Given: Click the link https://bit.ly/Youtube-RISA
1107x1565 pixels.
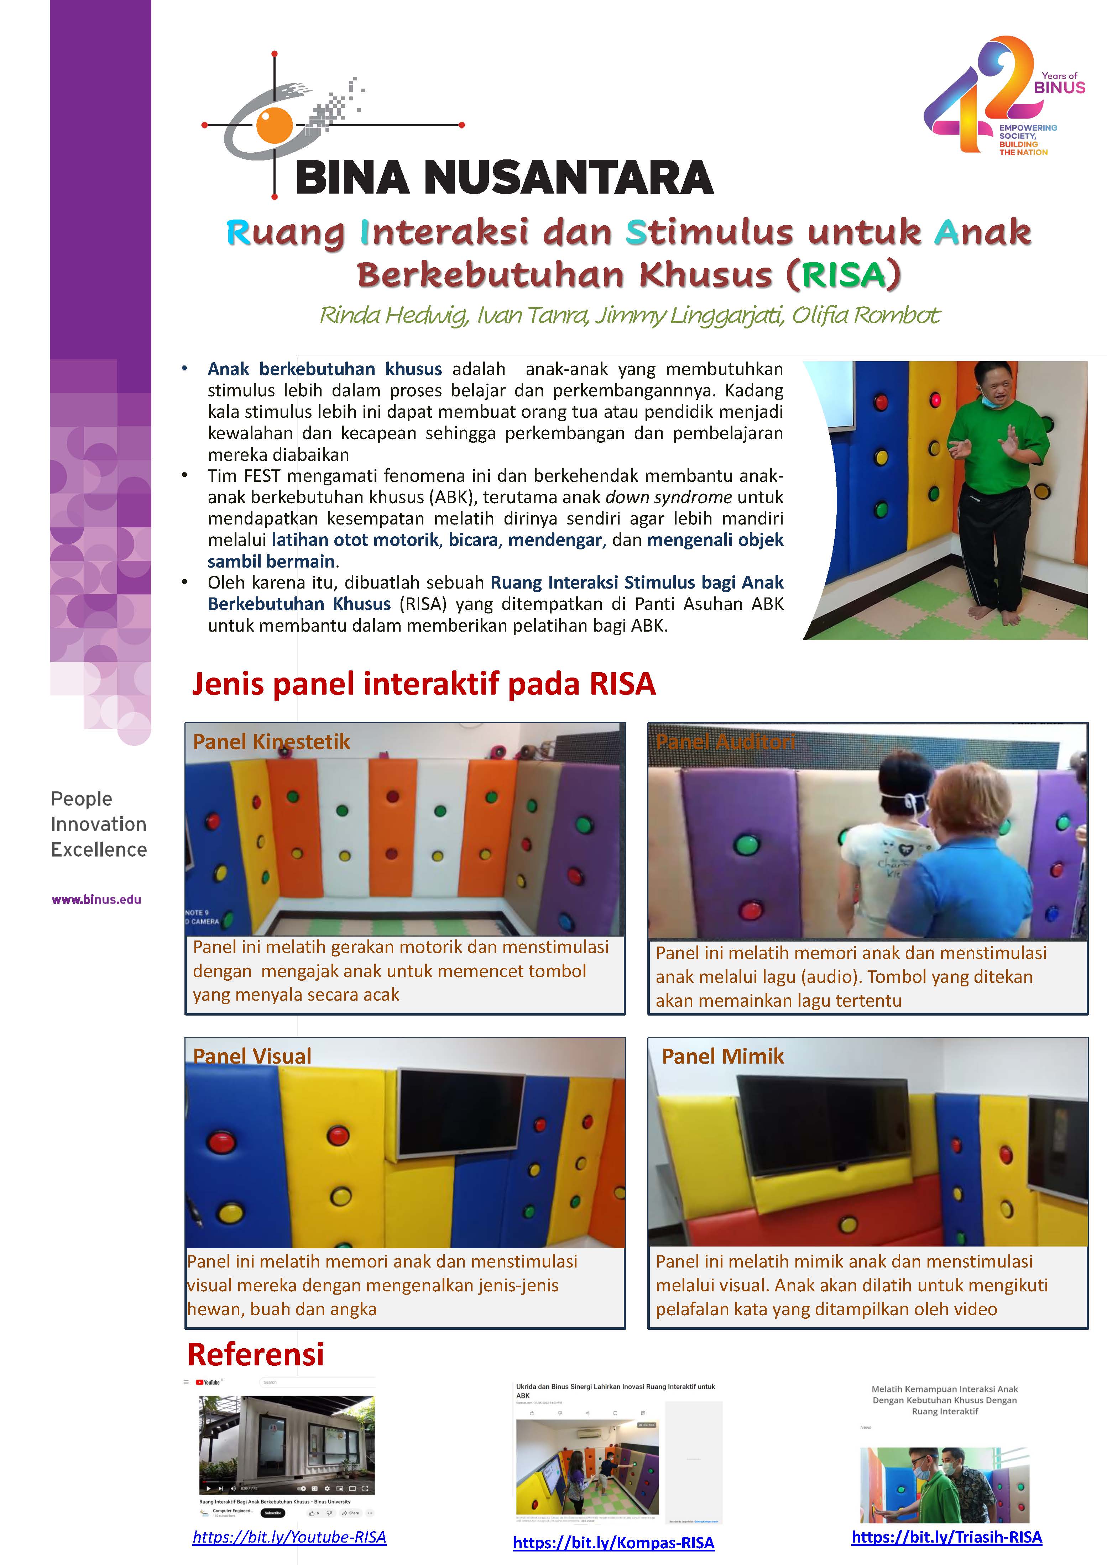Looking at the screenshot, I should [289, 1537].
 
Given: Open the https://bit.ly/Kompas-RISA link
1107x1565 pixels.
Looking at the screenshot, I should [613, 1543].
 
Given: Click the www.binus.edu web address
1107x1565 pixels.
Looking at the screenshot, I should [96, 899].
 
